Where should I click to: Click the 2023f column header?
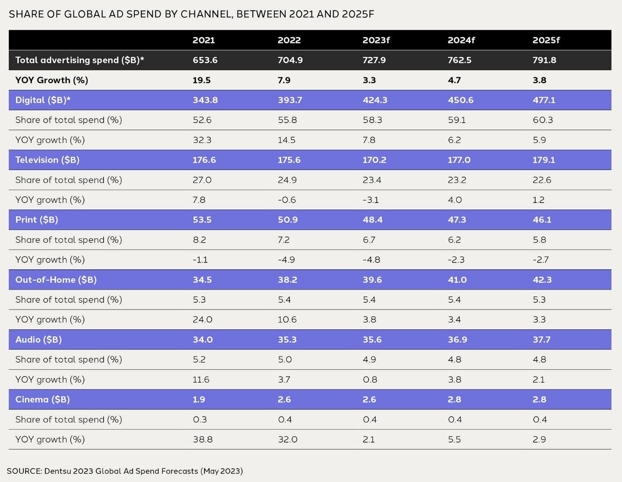click(x=376, y=40)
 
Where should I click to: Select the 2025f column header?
click(x=546, y=40)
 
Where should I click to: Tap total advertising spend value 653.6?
click(x=205, y=60)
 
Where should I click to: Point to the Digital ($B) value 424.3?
click(x=375, y=100)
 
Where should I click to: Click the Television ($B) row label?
click(x=47, y=160)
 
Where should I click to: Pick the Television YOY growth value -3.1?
click(x=371, y=200)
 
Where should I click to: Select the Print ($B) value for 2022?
click(x=288, y=220)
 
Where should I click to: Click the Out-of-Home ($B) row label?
click(x=56, y=280)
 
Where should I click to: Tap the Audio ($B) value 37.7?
click(x=541, y=340)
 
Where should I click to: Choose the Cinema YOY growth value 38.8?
click(x=202, y=439)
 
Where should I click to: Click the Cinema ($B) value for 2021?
click(x=199, y=400)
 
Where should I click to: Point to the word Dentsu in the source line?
click(x=57, y=471)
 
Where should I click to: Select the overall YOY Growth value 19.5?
click(x=201, y=80)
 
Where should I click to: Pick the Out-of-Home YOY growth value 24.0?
click(x=202, y=320)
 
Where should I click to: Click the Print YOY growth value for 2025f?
click(x=540, y=260)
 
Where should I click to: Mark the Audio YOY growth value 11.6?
click(x=201, y=380)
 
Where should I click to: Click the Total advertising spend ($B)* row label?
click(x=79, y=60)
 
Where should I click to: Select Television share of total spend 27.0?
click(x=202, y=180)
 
